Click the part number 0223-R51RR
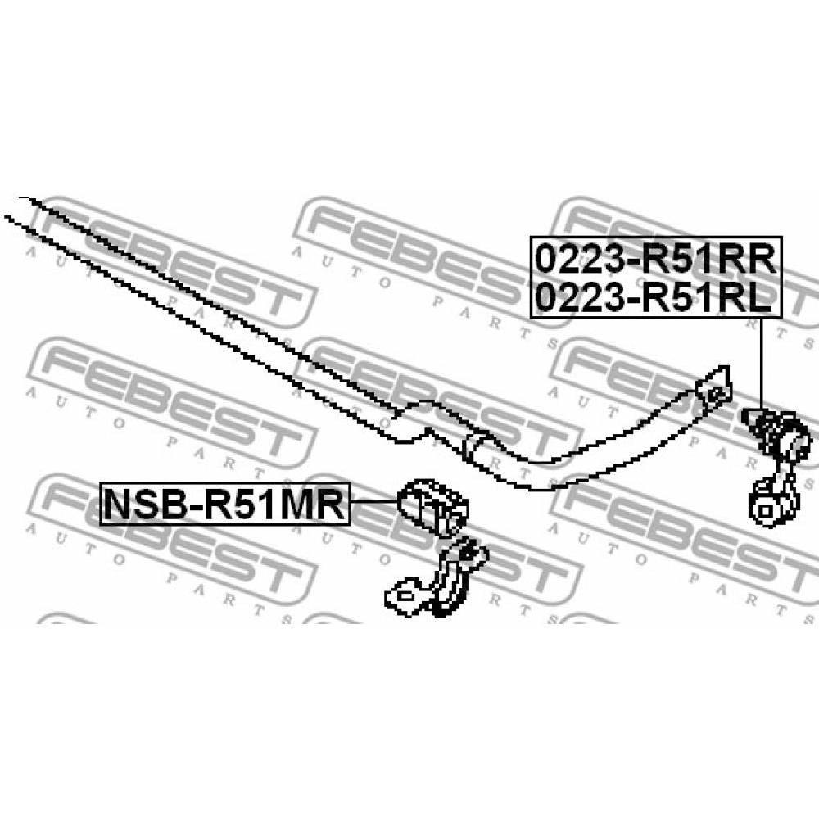click(655, 260)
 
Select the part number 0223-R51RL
click(654, 298)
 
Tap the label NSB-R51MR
click(225, 504)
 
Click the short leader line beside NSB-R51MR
click(374, 501)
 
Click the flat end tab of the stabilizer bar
click(714, 388)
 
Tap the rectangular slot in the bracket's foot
click(405, 596)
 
